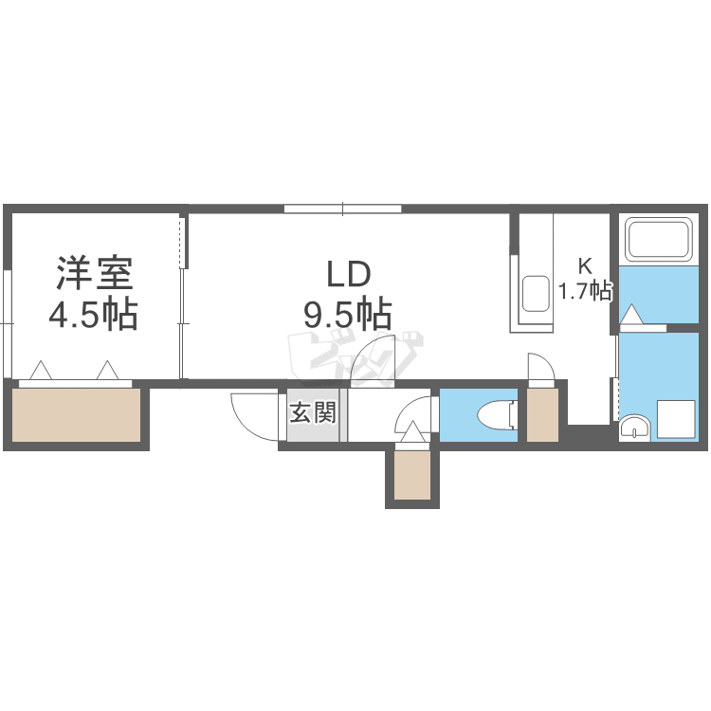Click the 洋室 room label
pyautogui.click(x=93, y=273)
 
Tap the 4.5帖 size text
pyautogui.click(x=93, y=313)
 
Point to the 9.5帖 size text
pyautogui.click(x=348, y=312)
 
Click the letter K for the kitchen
pyautogui.click(x=587, y=265)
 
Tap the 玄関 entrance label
pyautogui.click(x=313, y=413)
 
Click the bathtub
pyautogui.click(x=659, y=239)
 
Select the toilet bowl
pyautogui.click(x=497, y=415)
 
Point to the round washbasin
pyautogui.click(x=633, y=428)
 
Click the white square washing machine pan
pyautogui.click(x=677, y=418)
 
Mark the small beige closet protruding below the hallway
pyautogui.click(x=412, y=476)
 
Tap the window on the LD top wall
pyautogui.click(x=342, y=209)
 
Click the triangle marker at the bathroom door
pyautogui.click(x=631, y=314)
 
